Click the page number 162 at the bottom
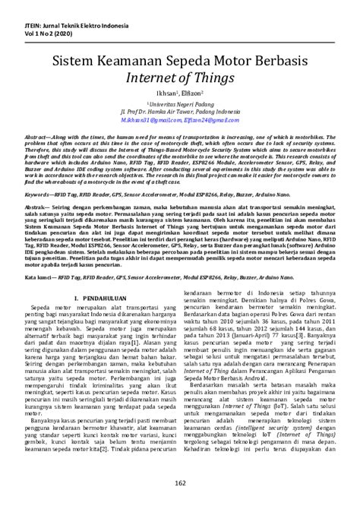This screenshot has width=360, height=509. click(180, 483)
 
